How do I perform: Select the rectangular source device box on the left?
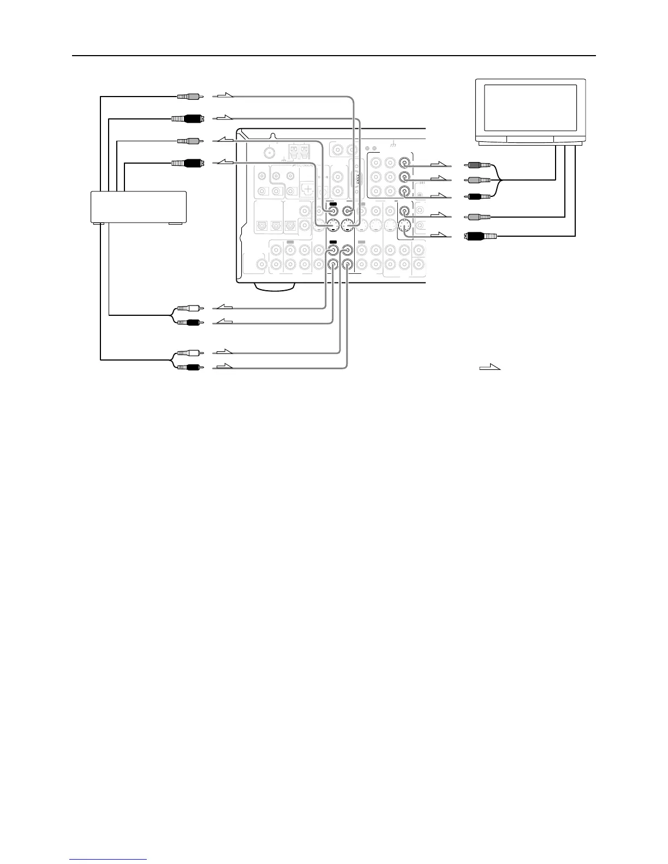click(x=138, y=206)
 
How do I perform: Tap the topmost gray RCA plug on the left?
click(x=188, y=97)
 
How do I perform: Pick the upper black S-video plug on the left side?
click(x=187, y=118)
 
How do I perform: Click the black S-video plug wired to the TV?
click(x=480, y=236)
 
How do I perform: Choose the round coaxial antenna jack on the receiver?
click(x=269, y=153)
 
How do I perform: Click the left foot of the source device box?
click(x=99, y=224)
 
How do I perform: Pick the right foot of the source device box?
click(x=175, y=224)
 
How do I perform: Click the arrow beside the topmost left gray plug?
click(x=223, y=97)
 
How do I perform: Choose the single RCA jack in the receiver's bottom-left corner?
click(x=262, y=265)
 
